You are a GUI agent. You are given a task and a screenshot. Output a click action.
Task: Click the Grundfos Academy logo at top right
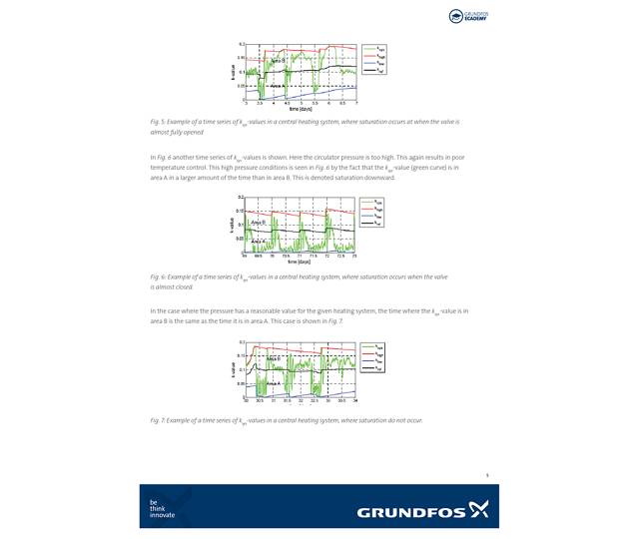[x=467, y=16]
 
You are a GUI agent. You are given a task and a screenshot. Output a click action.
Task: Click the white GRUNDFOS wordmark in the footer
[x=411, y=513]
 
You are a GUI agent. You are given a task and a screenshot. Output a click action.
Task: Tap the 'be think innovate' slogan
[x=162, y=509]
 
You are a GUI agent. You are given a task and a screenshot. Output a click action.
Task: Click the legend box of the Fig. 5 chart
[x=373, y=60]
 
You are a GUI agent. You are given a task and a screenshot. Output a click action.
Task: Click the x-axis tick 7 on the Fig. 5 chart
[x=356, y=103]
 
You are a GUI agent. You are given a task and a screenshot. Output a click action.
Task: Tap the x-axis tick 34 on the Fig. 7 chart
[x=356, y=400]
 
